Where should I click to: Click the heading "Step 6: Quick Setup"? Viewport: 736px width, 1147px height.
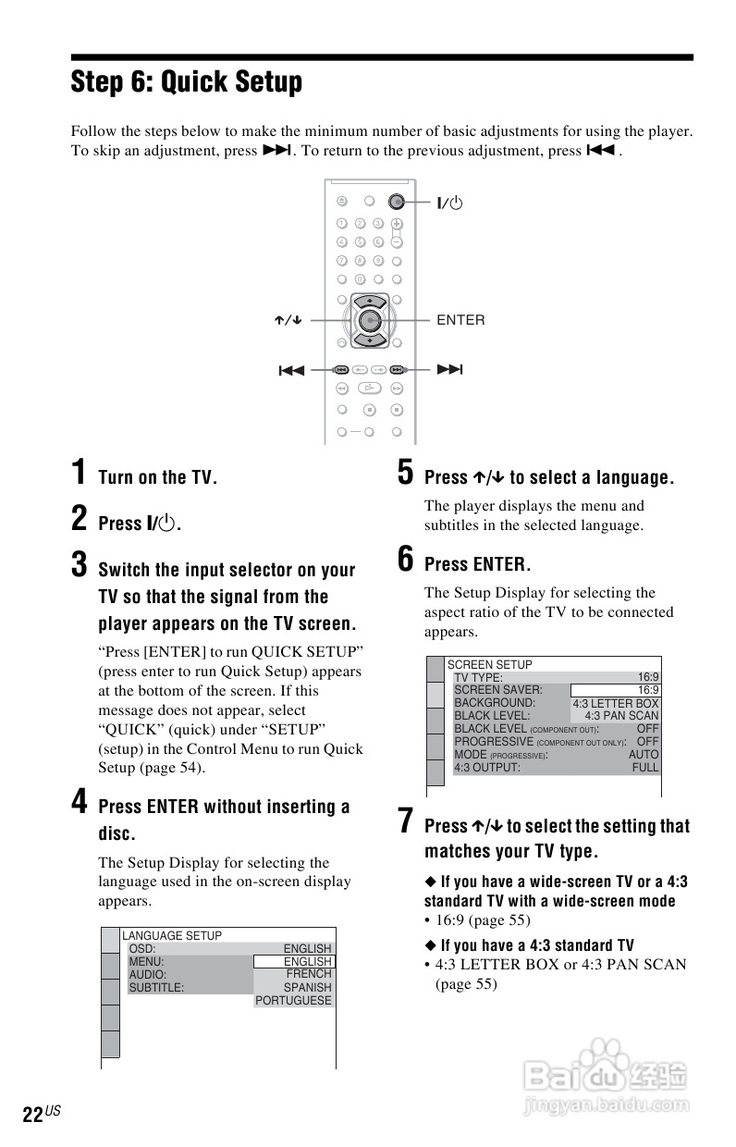click(186, 83)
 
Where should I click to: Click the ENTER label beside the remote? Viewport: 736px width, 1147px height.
click(460, 320)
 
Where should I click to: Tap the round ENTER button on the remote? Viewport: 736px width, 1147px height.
click(369, 320)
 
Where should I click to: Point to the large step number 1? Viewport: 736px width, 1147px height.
click(80, 473)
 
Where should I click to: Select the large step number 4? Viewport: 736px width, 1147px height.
click(80, 802)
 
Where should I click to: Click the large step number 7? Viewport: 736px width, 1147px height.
click(405, 821)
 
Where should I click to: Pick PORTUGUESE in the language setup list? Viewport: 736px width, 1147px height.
click(293, 1001)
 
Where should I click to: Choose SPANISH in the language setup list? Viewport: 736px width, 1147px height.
click(307, 988)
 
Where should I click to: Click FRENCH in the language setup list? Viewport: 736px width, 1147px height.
click(309, 975)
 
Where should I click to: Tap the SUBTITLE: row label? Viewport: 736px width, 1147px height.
click(156, 988)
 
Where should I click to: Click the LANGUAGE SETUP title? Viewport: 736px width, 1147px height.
click(172, 936)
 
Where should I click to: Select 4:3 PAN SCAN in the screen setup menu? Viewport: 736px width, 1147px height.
click(621, 716)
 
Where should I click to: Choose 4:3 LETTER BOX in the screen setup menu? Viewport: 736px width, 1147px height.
click(616, 703)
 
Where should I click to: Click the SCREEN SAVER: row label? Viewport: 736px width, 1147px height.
click(498, 690)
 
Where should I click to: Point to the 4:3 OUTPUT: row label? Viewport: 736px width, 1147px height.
click(487, 768)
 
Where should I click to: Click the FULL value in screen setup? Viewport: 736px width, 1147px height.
click(645, 768)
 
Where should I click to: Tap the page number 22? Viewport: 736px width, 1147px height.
click(32, 1116)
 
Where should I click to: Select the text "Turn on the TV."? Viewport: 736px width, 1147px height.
click(157, 478)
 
